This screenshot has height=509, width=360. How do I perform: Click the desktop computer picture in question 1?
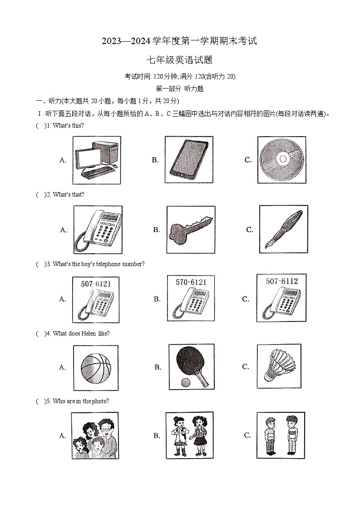96,160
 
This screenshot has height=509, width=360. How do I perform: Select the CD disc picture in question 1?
281,159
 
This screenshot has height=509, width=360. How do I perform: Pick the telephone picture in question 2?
98,229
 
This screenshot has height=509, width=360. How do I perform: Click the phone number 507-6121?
96,284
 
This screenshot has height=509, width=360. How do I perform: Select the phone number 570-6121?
191,282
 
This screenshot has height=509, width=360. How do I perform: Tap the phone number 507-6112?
282,281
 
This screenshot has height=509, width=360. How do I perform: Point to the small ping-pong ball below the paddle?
185,382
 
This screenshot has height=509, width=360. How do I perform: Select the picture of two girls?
189,435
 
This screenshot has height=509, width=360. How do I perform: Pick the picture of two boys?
280,435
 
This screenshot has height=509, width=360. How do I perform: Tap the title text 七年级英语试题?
179,60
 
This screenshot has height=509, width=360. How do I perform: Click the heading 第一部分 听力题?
179,89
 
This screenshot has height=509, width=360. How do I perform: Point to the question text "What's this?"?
68,125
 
